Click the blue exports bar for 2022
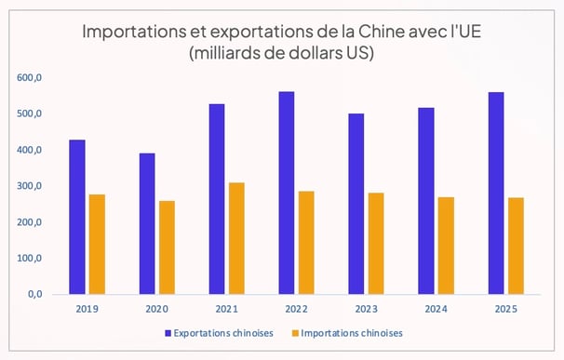click(286, 193)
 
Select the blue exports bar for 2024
click(426, 201)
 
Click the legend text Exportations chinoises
click(224, 333)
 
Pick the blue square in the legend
click(168, 333)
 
